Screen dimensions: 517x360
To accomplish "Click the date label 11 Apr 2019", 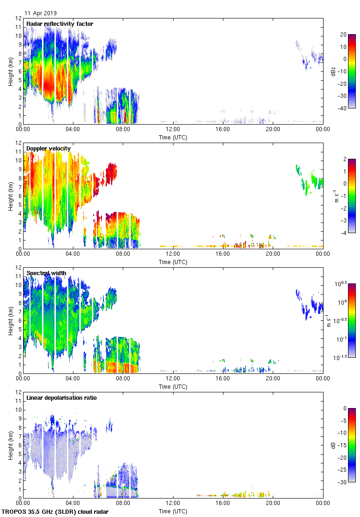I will (x=41, y=13).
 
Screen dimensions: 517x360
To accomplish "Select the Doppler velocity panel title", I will (x=48, y=148).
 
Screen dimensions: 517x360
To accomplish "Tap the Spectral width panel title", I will (x=46, y=273).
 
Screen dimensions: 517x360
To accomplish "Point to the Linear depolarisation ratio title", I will (x=61, y=397).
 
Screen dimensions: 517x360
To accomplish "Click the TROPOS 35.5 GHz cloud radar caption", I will (x=55, y=512).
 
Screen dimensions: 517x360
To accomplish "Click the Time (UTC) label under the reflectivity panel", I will (x=173, y=137).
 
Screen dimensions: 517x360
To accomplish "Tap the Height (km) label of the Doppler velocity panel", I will (x=10, y=196).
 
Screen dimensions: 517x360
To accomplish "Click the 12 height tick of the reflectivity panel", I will (x=18, y=18).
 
